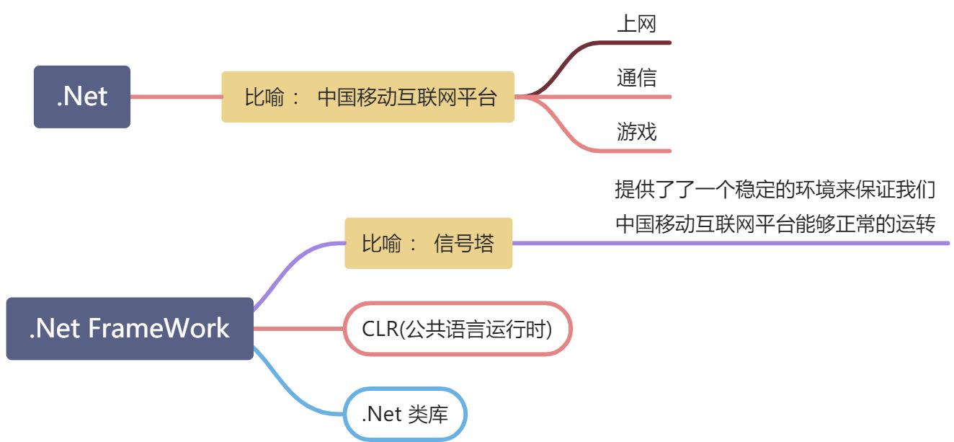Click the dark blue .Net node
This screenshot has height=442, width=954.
(82, 97)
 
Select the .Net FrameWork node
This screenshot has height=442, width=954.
(130, 329)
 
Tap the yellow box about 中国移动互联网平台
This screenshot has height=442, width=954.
(367, 97)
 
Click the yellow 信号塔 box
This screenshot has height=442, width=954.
(428, 244)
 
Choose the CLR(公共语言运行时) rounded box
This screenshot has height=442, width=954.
(458, 329)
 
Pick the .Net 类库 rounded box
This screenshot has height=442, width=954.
(405, 415)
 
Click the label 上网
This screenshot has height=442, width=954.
(636, 24)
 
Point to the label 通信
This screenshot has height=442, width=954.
(636, 77)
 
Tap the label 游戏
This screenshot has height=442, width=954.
(636, 131)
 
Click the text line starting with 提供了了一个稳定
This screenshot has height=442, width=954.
(775, 190)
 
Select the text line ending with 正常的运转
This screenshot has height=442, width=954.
(775, 224)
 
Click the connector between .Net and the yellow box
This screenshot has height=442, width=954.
(176, 97)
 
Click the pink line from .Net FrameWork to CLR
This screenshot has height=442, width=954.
(299, 329)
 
